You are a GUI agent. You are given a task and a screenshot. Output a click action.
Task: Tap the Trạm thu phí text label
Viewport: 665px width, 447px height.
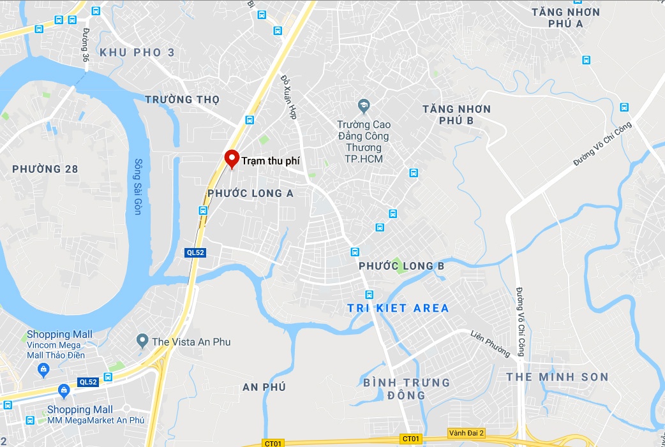tap(271, 161)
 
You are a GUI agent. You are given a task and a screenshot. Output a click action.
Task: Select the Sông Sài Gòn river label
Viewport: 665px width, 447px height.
tap(137, 187)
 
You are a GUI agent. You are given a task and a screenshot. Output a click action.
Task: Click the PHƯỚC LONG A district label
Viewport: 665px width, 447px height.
tap(250, 193)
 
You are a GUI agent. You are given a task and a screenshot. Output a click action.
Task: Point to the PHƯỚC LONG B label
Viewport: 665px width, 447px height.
tap(401, 265)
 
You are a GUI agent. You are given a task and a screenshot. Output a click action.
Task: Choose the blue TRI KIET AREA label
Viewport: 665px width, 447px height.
tap(398, 308)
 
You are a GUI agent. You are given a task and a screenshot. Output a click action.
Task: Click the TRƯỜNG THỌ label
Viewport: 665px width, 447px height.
tap(183, 99)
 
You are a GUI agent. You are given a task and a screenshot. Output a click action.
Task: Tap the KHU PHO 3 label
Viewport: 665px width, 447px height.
tap(137, 52)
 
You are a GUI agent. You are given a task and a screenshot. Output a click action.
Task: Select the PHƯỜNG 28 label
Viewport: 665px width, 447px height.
tap(45, 169)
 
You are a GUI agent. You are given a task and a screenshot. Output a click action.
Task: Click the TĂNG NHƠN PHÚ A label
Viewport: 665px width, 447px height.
tap(566, 18)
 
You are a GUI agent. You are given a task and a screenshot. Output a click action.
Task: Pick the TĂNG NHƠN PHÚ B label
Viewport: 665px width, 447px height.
tap(456, 115)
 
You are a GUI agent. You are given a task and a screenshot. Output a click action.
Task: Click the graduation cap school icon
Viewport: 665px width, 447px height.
tap(364, 105)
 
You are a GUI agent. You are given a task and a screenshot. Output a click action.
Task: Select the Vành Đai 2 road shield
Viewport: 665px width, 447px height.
tap(467, 433)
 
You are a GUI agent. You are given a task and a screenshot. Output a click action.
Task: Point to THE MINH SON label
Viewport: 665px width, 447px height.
tap(557, 377)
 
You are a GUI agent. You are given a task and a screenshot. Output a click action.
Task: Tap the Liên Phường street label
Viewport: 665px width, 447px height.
tap(490, 343)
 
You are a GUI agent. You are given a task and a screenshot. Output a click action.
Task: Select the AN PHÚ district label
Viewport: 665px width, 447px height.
tap(264, 387)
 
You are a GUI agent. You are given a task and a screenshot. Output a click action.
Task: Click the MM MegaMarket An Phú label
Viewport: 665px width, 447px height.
tap(96, 420)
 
